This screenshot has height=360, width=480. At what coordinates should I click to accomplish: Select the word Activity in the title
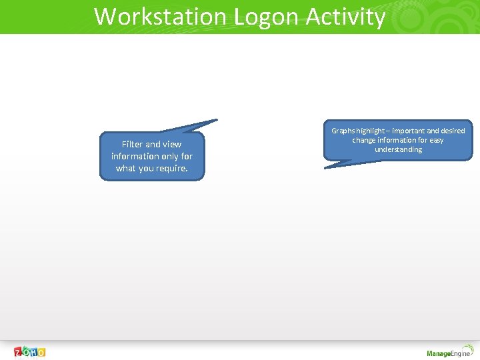click(x=345, y=17)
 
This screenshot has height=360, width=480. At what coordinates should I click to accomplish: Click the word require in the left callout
click(x=171, y=168)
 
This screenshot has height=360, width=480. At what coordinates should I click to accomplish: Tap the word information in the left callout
click(x=135, y=156)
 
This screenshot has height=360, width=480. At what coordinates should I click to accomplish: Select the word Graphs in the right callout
click(x=344, y=131)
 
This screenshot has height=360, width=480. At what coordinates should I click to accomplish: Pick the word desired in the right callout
click(x=453, y=131)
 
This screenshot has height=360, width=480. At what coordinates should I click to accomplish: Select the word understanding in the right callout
click(x=398, y=149)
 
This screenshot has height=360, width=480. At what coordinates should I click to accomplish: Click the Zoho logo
click(x=30, y=351)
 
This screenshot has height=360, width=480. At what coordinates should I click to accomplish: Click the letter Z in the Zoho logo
click(x=19, y=351)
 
